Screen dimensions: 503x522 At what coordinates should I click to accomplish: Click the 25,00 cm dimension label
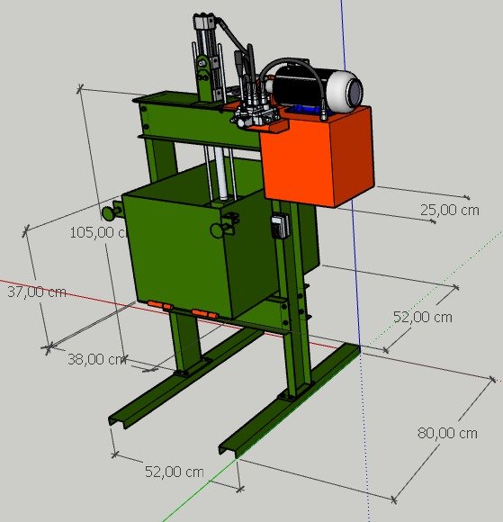point(449,210)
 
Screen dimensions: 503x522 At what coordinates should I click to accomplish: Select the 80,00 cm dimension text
point(447,433)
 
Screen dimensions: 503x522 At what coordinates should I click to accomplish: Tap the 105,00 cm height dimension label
point(97,232)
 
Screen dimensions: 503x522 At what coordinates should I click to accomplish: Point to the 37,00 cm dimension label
point(37,292)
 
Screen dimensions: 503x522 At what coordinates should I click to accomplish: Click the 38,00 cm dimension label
point(96,359)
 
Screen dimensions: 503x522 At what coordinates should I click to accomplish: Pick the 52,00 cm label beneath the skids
point(174,472)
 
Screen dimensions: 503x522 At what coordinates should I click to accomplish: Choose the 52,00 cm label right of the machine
point(422,317)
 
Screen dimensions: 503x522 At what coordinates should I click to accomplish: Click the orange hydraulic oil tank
point(318,157)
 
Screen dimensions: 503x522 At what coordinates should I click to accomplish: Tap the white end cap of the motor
point(346,89)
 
